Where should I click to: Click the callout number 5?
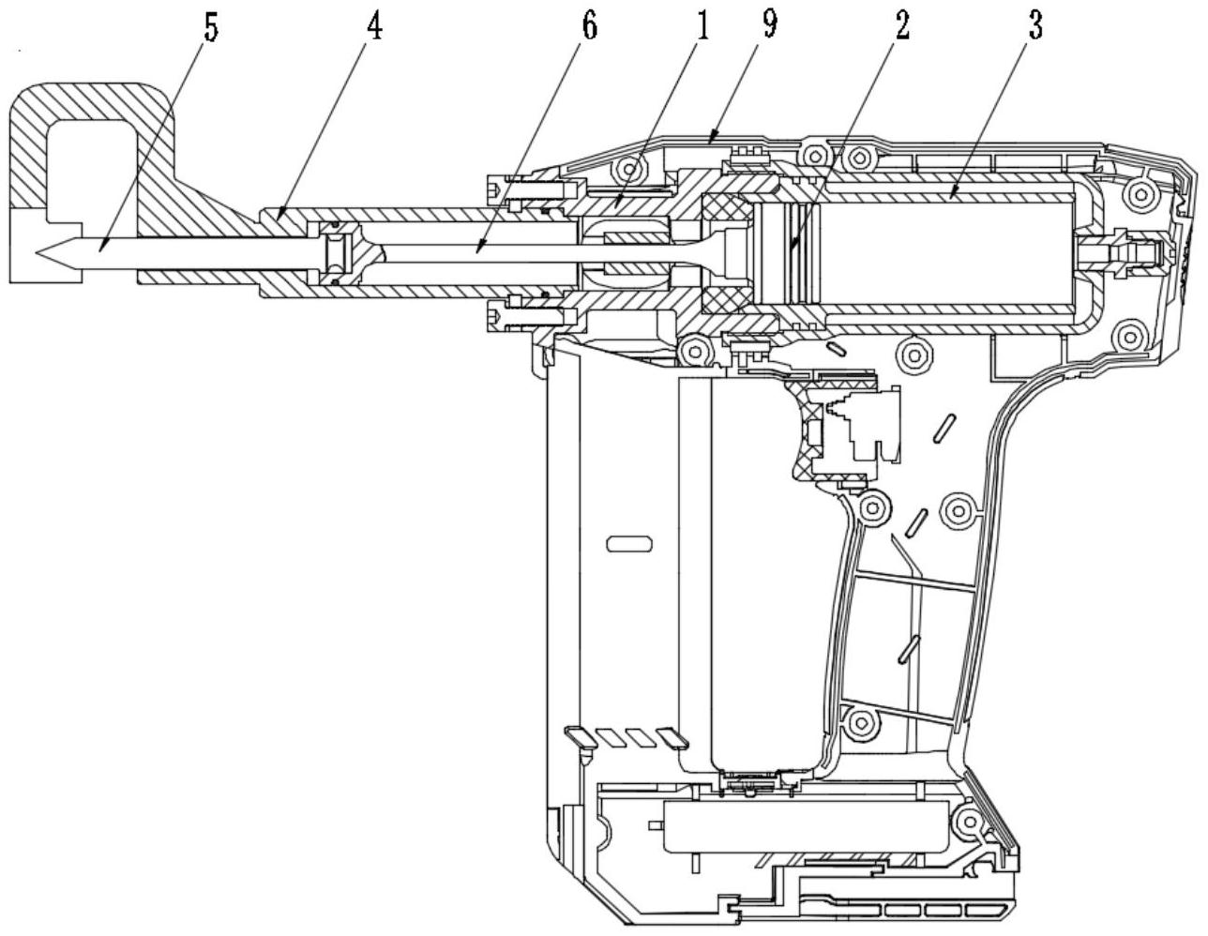coord(211,28)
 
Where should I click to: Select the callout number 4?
coord(374,28)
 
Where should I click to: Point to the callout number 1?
coord(702,28)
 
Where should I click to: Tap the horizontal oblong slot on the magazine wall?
coord(628,542)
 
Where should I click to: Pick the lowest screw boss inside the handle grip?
coord(860,721)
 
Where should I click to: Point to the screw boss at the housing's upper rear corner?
coord(1140,193)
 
